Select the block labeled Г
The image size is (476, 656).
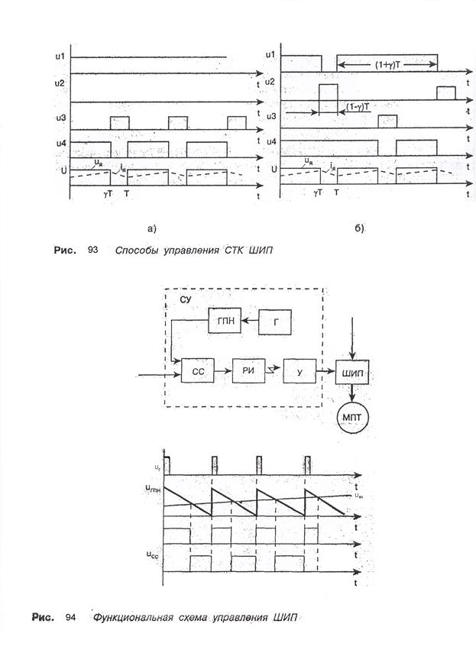pyautogui.click(x=279, y=321)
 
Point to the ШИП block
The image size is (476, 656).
pyautogui.click(x=352, y=372)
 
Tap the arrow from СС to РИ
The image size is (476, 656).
pyautogui.click(x=221, y=372)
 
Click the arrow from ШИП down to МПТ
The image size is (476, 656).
pyautogui.click(x=351, y=393)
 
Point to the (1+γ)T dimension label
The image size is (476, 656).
pyautogui.click(x=387, y=66)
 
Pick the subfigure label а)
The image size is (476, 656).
pyautogui.click(x=151, y=228)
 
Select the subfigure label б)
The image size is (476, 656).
pyautogui.click(x=359, y=228)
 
